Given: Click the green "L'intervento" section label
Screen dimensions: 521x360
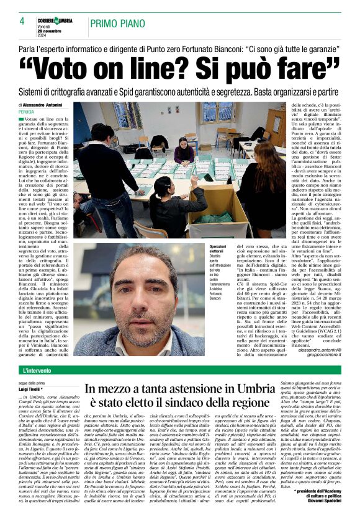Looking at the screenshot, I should click(x=38, y=371).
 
